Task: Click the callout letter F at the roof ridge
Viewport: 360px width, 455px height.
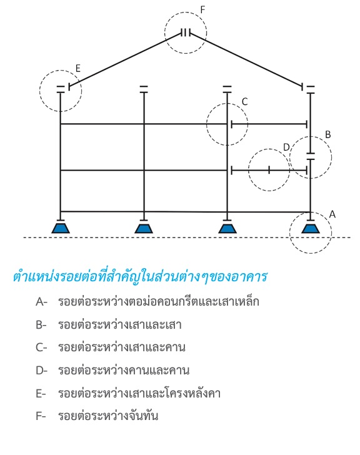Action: (x=202, y=9)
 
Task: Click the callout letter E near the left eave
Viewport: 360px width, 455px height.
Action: (x=77, y=68)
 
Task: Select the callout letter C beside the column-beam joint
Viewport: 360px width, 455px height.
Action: (x=244, y=101)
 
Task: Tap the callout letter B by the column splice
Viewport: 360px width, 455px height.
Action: (x=327, y=134)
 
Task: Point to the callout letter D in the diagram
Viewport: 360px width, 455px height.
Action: (x=286, y=147)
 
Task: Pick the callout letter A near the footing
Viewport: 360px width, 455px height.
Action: (x=332, y=214)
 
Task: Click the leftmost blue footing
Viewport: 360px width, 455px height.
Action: (x=61, y=228)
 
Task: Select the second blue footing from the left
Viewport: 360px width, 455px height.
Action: (x=144, y=228)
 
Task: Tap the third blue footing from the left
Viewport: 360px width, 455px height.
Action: (x=227, y=228)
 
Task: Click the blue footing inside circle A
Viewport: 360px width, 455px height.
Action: (x=311, y=228)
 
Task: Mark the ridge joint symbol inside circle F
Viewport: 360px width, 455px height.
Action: (x=186, y=32)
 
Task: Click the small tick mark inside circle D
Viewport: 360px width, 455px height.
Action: (x=269, y=170)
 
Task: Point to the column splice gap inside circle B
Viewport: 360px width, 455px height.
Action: (x=311, y=156)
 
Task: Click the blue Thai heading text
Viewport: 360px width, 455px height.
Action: (x=140, y=276)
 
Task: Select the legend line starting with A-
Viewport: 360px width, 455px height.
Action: (x=147, y=302)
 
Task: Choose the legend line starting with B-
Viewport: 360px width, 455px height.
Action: (x=109, y=324)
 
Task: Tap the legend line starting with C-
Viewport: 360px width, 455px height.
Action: (x=111, y=347)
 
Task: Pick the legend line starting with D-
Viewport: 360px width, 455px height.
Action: (x=112, y=370)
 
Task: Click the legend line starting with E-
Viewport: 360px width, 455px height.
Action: (x=128, y=393)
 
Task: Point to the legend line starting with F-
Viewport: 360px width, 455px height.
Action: (x=97, y=416)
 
